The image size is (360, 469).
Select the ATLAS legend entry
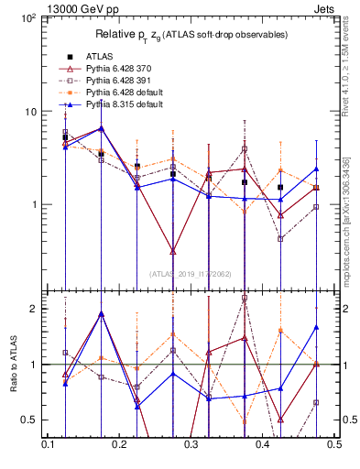[x=98, y=56]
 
